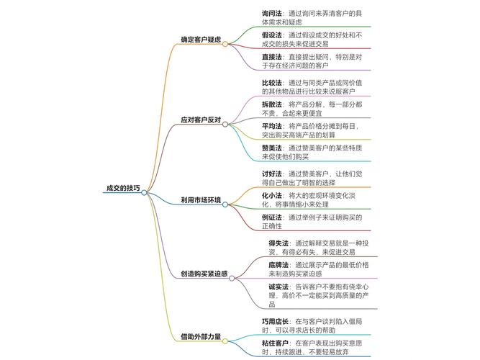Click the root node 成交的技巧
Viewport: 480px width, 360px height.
[x=123, y=188]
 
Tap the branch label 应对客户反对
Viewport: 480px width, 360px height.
[x=201, y=120]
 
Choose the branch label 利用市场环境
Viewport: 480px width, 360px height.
[x=201, y=199]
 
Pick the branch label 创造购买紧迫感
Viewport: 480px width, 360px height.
[x=204, y=274]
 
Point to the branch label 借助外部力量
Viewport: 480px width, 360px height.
[x=201, y=336]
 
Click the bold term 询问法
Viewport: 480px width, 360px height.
[x=272, y=13]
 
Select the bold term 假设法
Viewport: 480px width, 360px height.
[x=272, y=34]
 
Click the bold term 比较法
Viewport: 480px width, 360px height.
[x=272, y=83]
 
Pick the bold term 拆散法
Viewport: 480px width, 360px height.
[x=272, y=104]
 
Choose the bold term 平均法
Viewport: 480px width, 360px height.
[x=272, y=126]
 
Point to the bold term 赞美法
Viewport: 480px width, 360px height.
[x=272, y=148]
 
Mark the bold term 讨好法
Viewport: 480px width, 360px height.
[x=272, y=174]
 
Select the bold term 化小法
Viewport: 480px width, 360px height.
[x=272, y=195]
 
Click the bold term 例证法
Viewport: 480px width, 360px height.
[x=272, y=217]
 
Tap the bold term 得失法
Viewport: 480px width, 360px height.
[x=278, y=243]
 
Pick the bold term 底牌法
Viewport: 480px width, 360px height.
[x=278, y=265]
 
